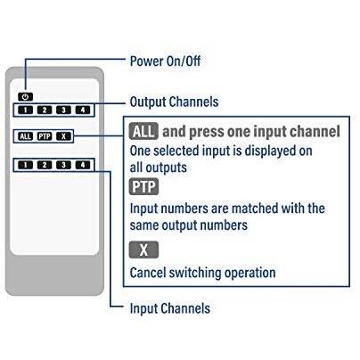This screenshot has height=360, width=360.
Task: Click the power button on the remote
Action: pos(24,96)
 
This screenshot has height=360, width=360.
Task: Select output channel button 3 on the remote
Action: pos(63,110)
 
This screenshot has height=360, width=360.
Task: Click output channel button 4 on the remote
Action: pos(82,110)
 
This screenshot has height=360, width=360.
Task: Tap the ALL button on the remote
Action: pos(25,136)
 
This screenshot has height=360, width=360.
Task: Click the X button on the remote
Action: pos(62,136)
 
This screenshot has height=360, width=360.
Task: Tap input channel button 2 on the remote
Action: pos(45,165)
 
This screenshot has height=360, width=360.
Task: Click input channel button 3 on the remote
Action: pos(63,165)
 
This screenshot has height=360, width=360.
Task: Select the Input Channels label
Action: pos(170,308)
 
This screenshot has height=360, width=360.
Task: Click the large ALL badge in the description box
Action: pos(143,132)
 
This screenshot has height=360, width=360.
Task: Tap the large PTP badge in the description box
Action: pos(143,187)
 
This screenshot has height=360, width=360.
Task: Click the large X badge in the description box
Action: pos(143,250)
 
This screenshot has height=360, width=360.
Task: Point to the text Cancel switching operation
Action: pos(202,272)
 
